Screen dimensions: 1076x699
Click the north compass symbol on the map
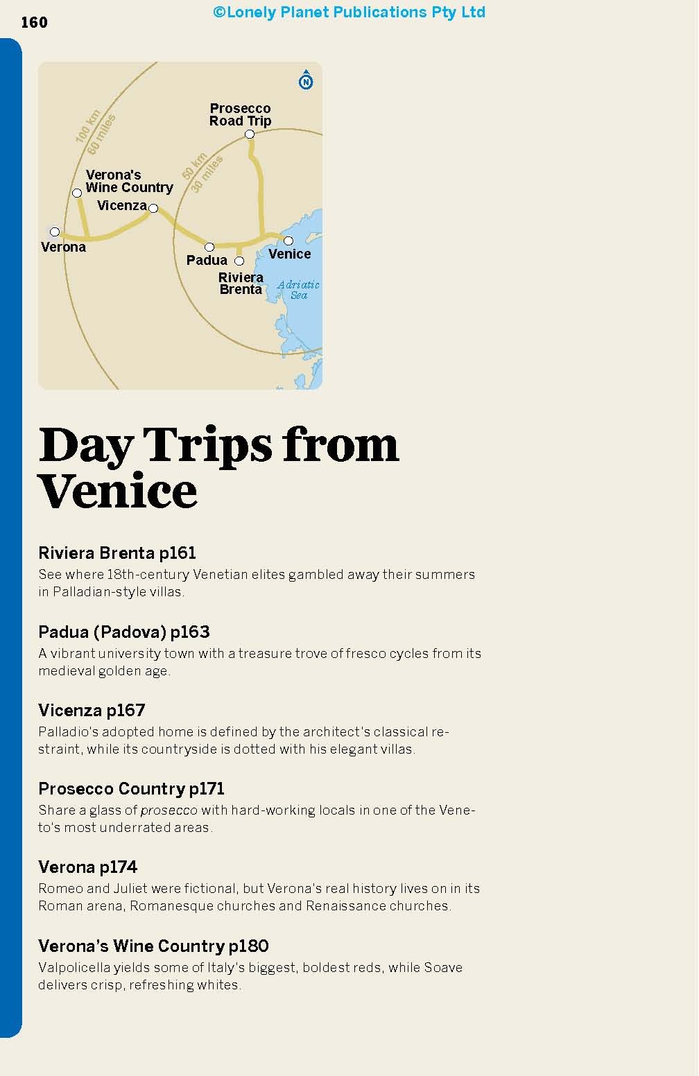pos(306,81)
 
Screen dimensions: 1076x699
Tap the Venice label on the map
pos(289,254)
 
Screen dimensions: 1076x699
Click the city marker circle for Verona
pos(55,232)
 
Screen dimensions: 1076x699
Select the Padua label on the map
pos(207,260)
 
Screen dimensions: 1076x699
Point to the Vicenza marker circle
pos(153,208)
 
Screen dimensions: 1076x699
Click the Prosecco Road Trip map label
pos(240,114)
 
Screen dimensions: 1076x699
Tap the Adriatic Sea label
pos(298,290)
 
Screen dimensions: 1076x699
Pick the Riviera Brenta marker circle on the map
pos(239,261)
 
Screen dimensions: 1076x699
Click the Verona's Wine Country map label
pos(129,181)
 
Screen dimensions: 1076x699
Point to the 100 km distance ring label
pos(88,125)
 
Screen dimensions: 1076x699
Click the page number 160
pos(34,23)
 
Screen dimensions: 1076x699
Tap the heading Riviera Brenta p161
pos(117,553)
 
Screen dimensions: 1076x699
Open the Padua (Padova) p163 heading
pos(124,632)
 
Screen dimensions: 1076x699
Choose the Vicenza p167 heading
pos(92,710)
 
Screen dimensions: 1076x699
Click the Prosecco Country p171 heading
pos(132,788)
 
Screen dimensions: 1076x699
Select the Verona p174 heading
pos(88,867)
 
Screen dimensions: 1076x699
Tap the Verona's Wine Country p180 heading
pos(153,946)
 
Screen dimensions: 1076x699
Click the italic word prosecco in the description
pos(169,810)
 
